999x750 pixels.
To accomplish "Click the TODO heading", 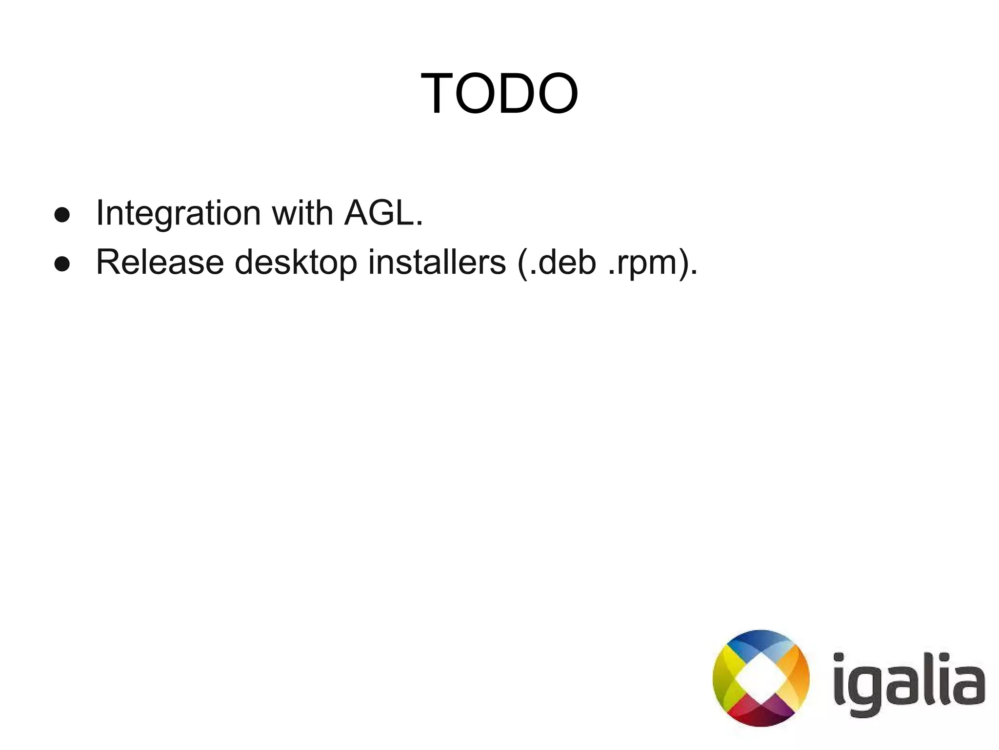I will click(x=499, y=93).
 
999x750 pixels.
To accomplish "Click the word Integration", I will click(x=179, y=213).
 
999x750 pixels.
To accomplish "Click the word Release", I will click(x=160, y=263).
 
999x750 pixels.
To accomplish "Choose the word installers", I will click(x=437, y=263).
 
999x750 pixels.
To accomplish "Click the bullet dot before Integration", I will click(x=62, y=215).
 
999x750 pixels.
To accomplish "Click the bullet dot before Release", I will click(x=62, y=264).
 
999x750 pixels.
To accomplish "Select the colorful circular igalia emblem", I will click(x=761, y=678).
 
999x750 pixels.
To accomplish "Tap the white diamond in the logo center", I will click(x=761, y=678).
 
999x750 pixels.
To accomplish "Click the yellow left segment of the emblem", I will click(x=726, y=678).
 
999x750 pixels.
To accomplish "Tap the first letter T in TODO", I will click(x=437, y=93).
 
